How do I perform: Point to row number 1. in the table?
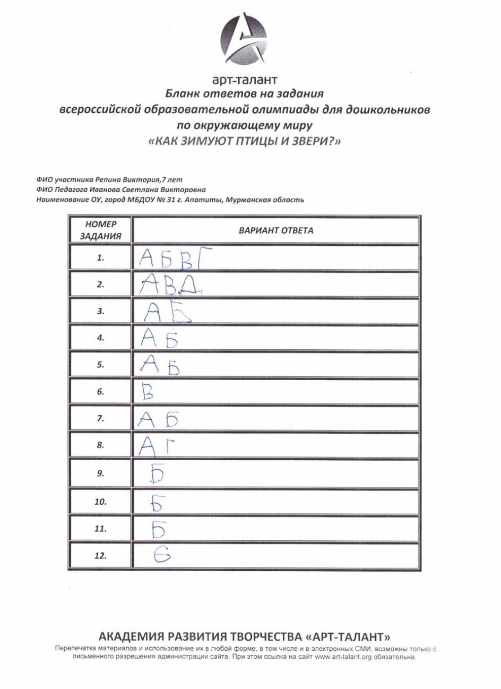100,257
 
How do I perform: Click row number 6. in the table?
100,392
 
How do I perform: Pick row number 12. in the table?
100,556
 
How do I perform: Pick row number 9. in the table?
100,474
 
